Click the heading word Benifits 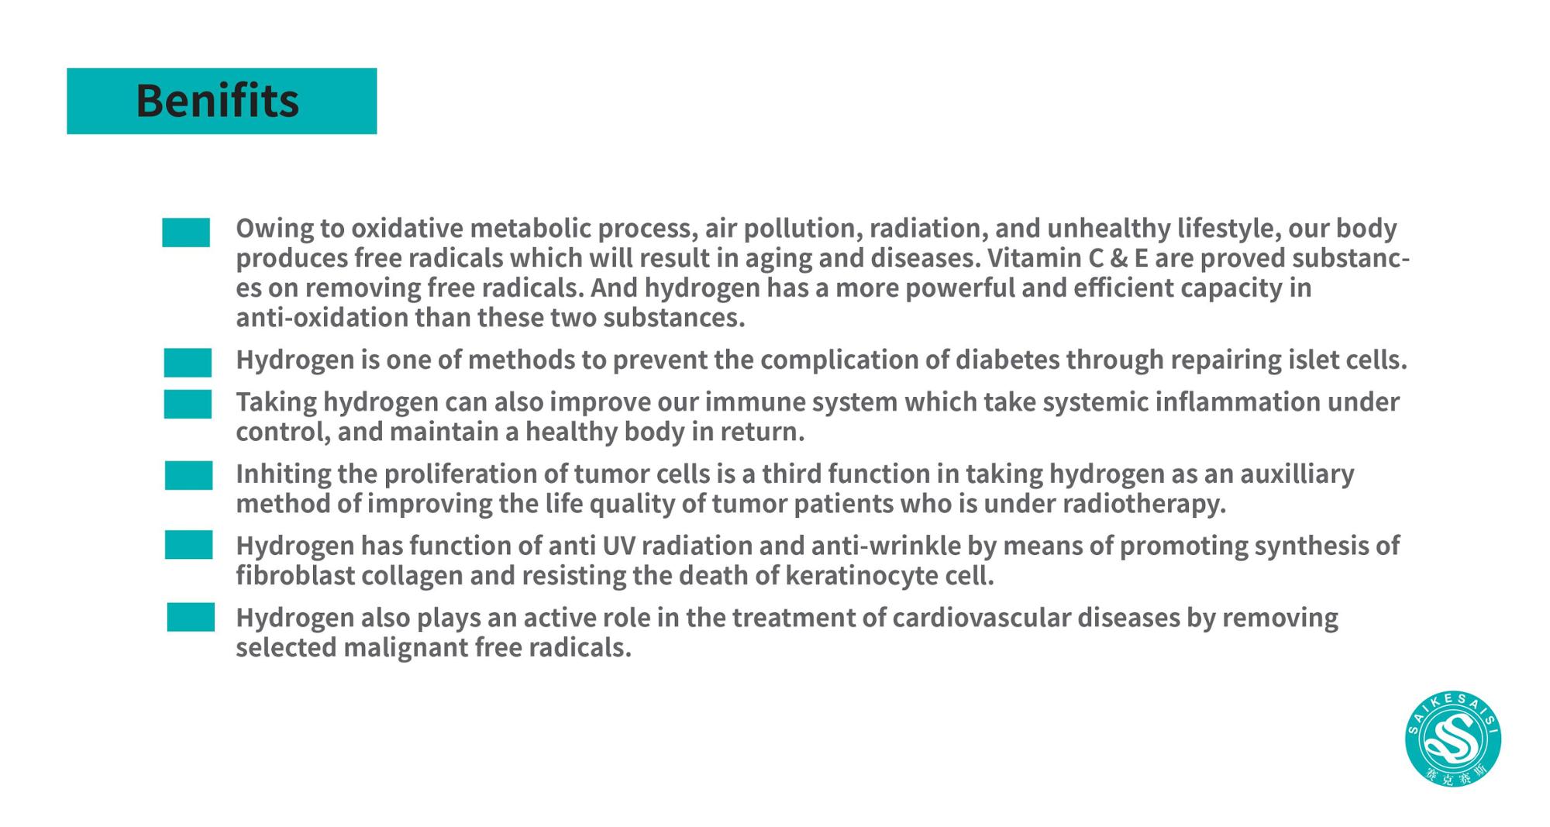click(x=217, y=101)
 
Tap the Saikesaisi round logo click(x=1453, y=739)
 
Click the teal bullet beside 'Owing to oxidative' click(x=186, y=233)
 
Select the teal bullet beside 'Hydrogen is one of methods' click(x=188, y=363)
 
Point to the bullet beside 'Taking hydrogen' click(x=188, y=405)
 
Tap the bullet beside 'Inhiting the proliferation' click(x=188, y=476)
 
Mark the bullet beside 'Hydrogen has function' click(x=188, y=545)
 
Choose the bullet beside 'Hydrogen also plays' click(x=191, y=618)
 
